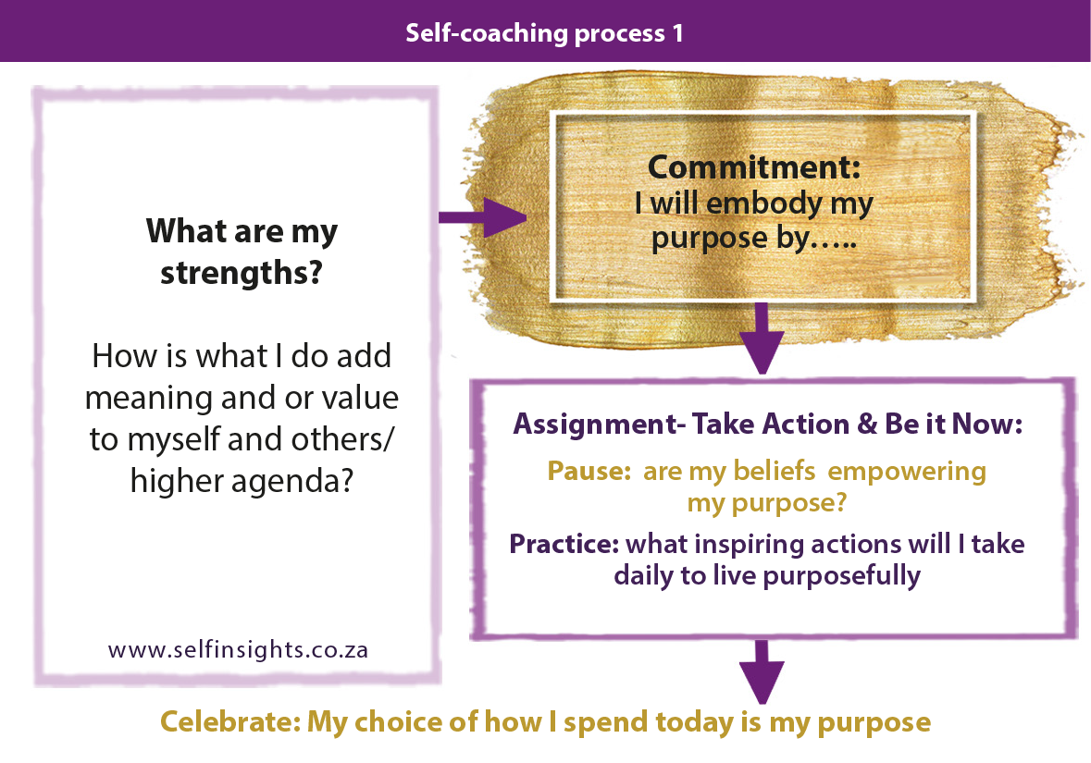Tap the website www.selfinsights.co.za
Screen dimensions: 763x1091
pyautogui.click(x=238, y=649)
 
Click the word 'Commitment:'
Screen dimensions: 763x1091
pyautogui.click(x=754, y=167)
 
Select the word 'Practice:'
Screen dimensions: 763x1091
pyautogui.click(x=564, y=543)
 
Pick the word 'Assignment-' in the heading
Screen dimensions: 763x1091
pyautogui.click(x=577, y=425)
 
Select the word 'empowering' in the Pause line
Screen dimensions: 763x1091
pyautogui.click(x=907, y=472)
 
